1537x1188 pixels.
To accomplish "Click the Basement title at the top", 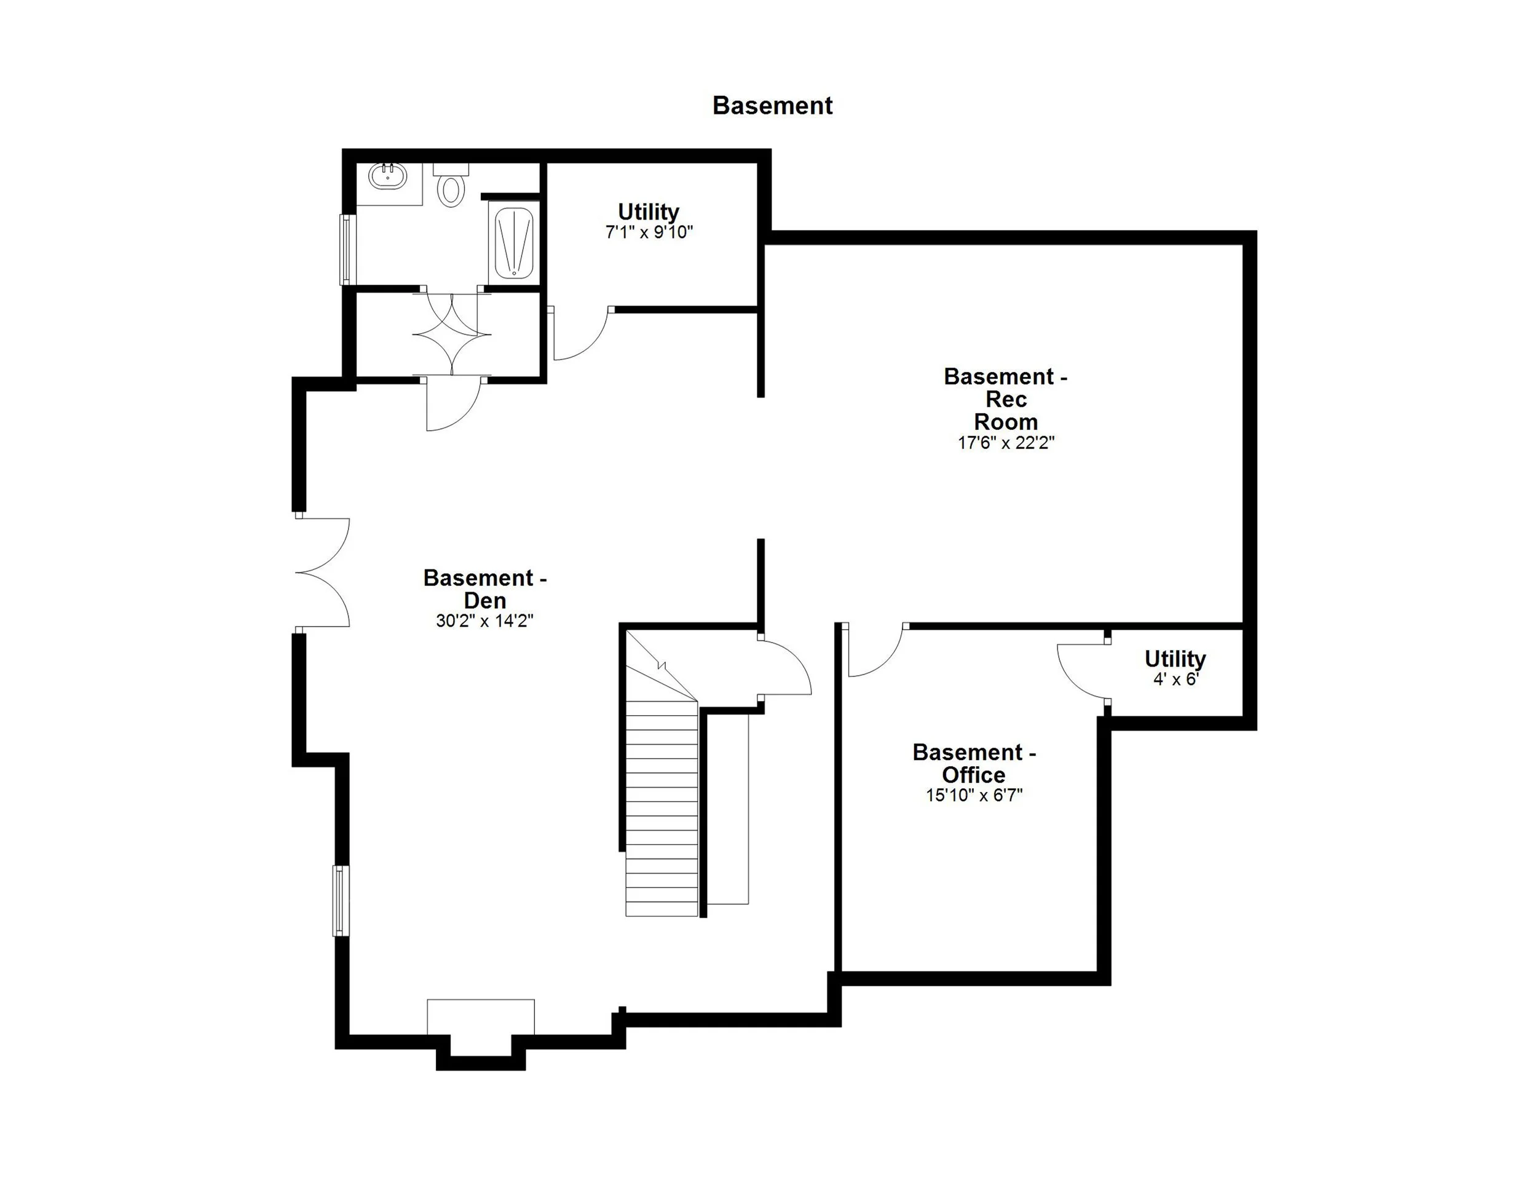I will point(772,106).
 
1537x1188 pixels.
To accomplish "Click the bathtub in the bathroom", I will point(514,243).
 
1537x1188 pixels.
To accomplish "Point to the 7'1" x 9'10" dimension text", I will point(649,232).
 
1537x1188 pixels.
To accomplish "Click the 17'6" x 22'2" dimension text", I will point(1006,443).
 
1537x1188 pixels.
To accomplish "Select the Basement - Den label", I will point(485,588).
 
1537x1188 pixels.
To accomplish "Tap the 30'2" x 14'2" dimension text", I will point(485,620).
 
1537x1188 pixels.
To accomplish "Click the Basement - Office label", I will point(974,763).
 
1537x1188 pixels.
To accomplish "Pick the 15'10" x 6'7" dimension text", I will point(974,795).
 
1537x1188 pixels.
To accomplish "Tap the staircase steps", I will point(662,809).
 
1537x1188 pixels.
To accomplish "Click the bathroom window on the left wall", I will point(345,250).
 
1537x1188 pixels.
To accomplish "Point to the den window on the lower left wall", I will point(341,900).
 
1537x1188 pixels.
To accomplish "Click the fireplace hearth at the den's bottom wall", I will point(481,1017).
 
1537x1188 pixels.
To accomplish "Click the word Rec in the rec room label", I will point(1006,399).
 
